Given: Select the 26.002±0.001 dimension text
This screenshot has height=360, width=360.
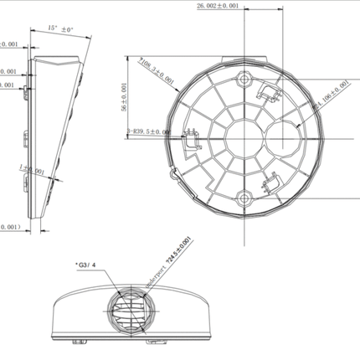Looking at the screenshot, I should click(217, 6).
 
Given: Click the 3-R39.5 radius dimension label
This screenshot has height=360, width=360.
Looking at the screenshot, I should click(149, 131).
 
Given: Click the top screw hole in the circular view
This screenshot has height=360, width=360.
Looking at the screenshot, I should click(244, 80).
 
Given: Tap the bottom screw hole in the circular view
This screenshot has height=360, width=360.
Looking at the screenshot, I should click(244, 198).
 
